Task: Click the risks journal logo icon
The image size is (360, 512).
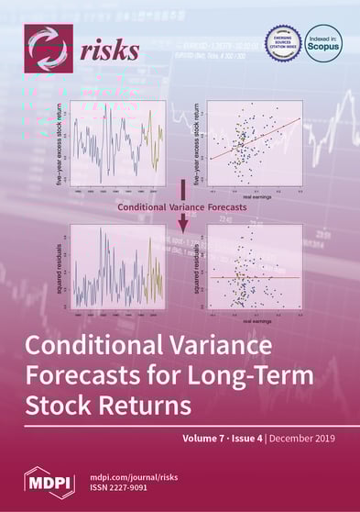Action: point(47,48)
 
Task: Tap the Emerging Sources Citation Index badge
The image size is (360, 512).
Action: point(283,43)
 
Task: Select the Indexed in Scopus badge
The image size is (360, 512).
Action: point(322,43)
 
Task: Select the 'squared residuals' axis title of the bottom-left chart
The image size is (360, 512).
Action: point(60,267)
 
